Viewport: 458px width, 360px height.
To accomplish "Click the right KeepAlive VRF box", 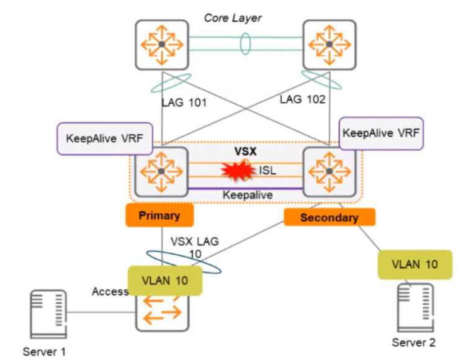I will tap(382, 132).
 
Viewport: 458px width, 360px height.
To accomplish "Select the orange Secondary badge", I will tap(330, 217).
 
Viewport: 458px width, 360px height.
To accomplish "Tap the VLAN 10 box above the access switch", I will tap(165, 279).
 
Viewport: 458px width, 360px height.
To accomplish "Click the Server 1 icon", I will tap(48, 314).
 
